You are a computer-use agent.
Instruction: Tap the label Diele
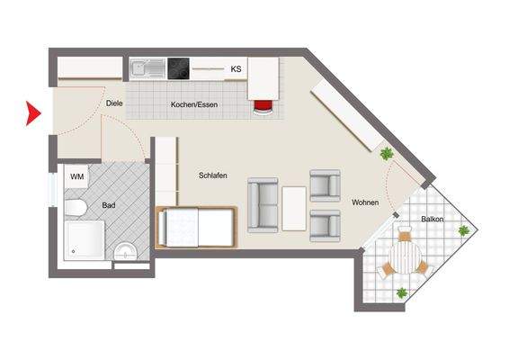point(114,103)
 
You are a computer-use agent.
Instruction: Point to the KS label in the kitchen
point(237,69)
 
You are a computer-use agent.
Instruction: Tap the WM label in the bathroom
point(77,177)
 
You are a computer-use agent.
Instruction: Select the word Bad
point(109,206)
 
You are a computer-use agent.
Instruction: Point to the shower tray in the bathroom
point(85,241)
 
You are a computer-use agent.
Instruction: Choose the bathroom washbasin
point(126,250)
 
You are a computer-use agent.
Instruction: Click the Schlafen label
point(212,176)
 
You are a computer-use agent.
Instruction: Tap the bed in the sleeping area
point(196,227)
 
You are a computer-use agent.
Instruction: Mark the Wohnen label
point(365,202)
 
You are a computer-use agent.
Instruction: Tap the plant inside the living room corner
point(388,155)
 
